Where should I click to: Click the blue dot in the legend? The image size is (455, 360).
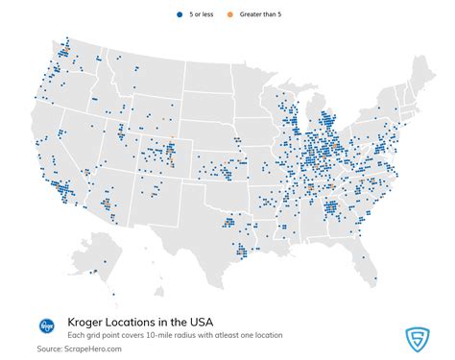pos(180,14)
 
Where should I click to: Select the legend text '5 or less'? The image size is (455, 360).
pos(202,14)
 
